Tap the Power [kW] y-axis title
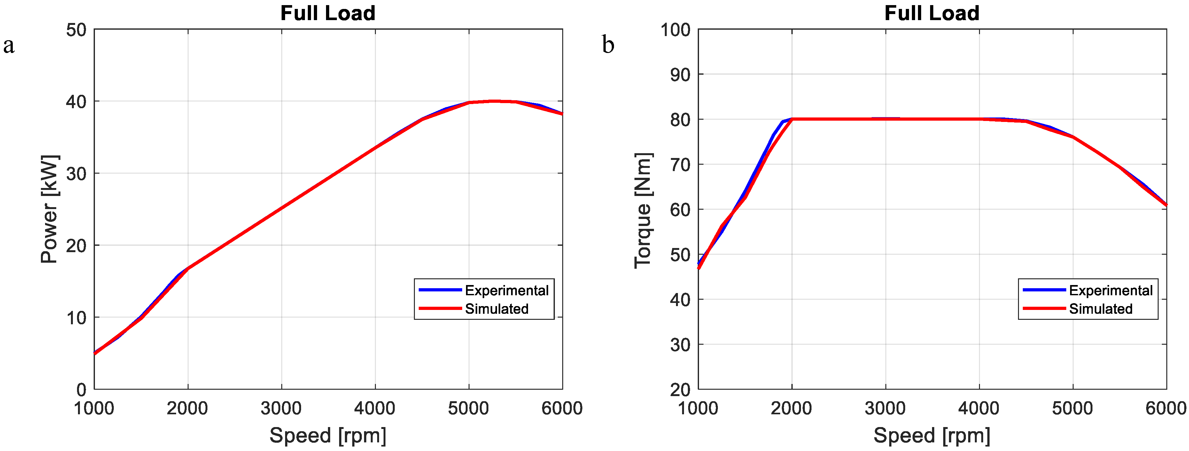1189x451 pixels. [x=50, y=209]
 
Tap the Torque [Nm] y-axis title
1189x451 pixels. [x=643, y=210]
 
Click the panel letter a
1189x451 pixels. [x=9, y=45]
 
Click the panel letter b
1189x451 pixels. [x=608, y=45]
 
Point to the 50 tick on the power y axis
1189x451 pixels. [x=76, y=30]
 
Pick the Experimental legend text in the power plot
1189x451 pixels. [x=506, y=290]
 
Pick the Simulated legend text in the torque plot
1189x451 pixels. [x=1100, y=309]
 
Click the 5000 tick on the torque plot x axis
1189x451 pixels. [x=1072, y=409]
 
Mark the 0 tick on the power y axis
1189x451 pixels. [x=82, y=390]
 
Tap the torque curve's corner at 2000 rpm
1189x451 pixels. [x=792, y=119]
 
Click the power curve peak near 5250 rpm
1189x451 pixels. [x=493, y=101]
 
